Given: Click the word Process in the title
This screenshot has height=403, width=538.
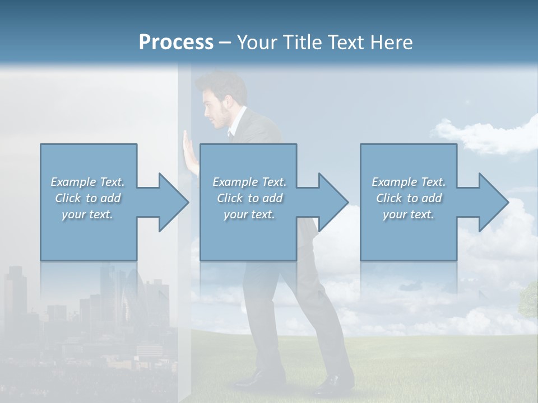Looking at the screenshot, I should pos(176,43).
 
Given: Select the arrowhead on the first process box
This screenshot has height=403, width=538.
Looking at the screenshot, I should pos(174,202).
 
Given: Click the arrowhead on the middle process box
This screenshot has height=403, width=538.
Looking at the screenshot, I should pos(333,202).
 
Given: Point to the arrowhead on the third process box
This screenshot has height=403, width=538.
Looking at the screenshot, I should pos(494,202).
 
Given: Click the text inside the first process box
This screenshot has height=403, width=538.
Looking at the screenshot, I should pos(87,198).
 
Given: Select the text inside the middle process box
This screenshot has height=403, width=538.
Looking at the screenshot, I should pos(249,198).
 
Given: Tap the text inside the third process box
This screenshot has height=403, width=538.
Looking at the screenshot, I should pos(409,198).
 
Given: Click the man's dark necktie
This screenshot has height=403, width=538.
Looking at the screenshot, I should pos(230,134).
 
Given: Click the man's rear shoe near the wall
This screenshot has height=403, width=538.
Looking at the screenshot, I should pos(252,381).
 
